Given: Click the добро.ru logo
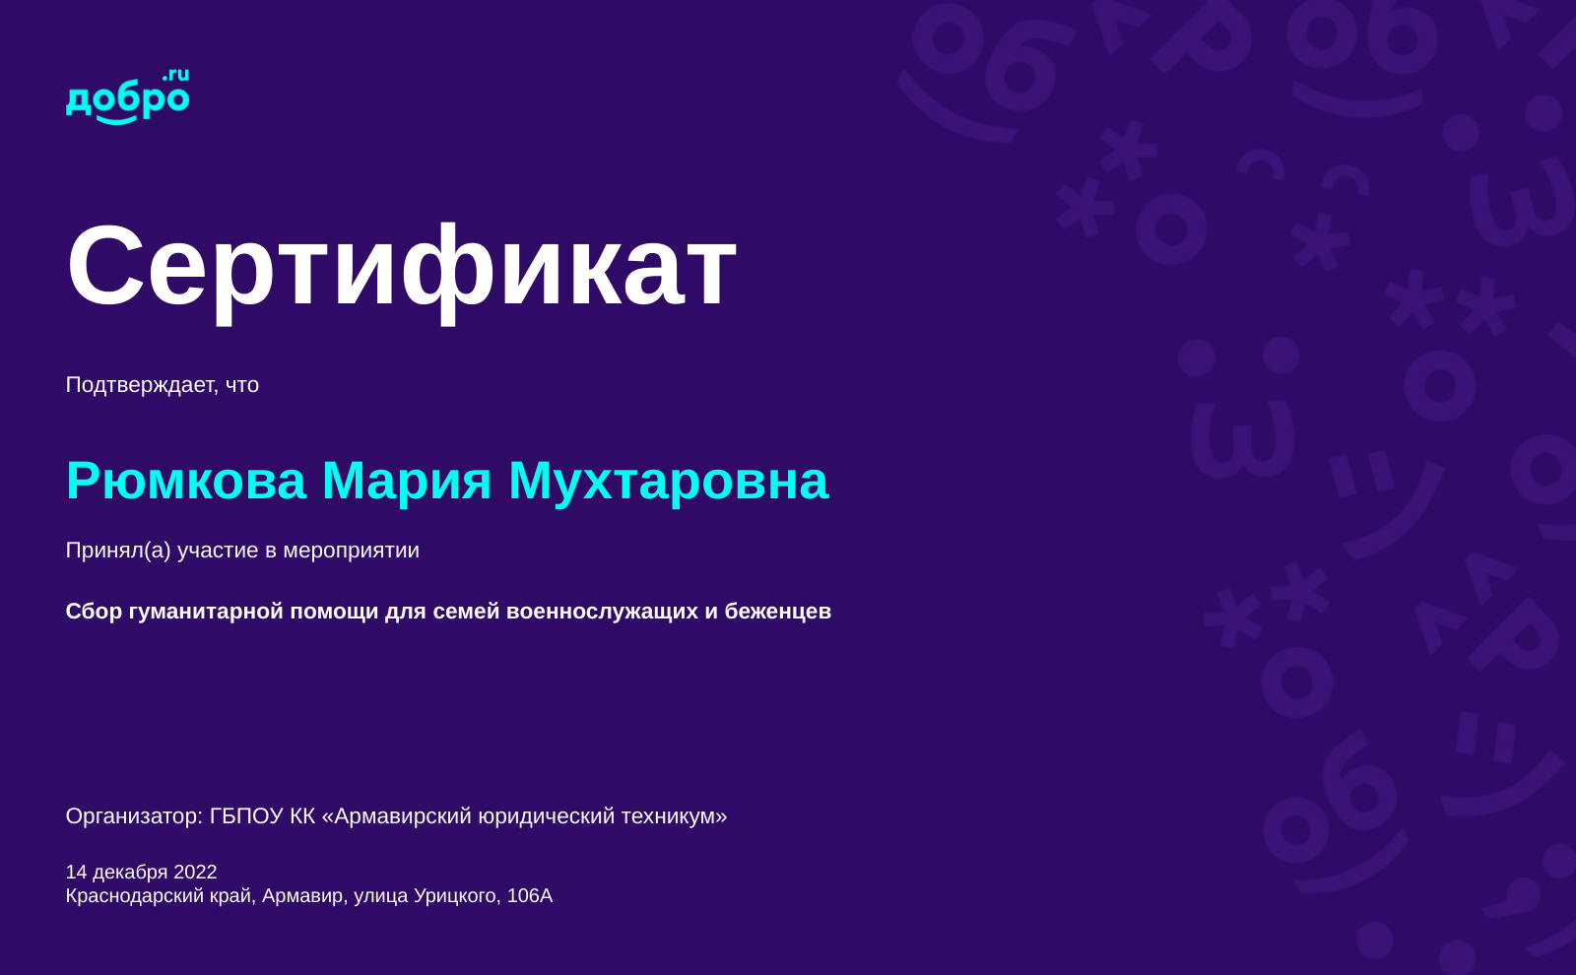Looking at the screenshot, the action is point(127,97).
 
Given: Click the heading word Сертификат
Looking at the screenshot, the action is point(401,271).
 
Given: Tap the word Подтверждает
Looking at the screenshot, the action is point(142,385).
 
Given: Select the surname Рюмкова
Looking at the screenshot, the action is point(186,482).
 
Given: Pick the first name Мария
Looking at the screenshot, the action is point(407,483).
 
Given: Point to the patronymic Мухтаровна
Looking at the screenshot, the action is point(669,483).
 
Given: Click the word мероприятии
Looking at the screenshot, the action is point(351,551).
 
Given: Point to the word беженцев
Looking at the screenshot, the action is point(778,612).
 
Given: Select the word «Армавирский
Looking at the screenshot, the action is point(397,816).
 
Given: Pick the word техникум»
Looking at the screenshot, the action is point(674,816).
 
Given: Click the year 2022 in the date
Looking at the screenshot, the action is point(195,873).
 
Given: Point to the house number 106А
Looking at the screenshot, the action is point(530,896).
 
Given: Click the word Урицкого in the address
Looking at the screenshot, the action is point(457,897).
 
